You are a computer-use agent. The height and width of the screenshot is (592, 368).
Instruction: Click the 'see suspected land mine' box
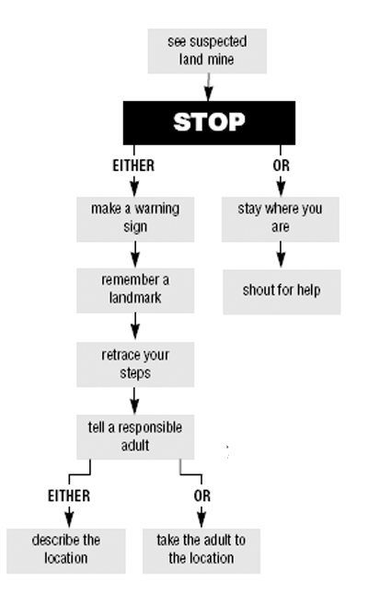[x=207, y=51]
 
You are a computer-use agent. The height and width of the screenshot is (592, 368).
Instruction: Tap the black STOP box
[x=209, y=122]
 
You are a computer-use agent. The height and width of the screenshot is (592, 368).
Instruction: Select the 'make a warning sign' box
[x=135, y=219]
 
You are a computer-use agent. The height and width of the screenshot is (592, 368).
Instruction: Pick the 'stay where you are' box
[x=281, y=219]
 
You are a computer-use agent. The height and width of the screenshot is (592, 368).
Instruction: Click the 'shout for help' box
[x=282, y=291]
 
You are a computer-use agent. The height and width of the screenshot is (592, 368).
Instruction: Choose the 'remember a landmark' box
[x=135, y=290]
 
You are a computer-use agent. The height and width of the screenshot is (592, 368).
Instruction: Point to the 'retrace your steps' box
[x=135, y=364]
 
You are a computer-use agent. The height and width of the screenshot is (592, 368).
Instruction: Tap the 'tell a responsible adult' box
[x=135, y=437]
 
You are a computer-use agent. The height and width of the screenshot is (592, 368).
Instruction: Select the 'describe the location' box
[x=66, y=551]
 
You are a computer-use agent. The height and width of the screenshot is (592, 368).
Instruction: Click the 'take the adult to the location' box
[x=201, y=551]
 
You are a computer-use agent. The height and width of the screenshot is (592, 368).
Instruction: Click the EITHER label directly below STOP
[x=133, y=165]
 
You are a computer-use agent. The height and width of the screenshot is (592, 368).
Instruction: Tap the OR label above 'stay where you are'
[x=282, y=165]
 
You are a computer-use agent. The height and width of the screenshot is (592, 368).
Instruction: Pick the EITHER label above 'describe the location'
[x=69, y=495]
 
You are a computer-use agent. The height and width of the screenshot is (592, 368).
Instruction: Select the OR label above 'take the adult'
[x=202, y=495]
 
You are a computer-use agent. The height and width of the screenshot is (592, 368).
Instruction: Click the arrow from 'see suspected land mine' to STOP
[x=209, y=87]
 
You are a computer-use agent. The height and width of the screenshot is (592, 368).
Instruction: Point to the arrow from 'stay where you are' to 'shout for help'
[x=281, y=255]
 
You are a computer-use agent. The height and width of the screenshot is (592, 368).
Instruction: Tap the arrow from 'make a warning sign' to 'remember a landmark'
[x=135, y=255]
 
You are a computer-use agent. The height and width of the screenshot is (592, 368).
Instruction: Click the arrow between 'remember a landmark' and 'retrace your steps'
[x=135, y=326]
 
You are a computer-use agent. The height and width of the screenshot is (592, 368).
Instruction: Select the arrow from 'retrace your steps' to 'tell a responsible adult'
[x=134, y=400]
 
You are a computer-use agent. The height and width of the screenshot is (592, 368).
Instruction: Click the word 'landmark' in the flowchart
[x=135, y=298]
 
